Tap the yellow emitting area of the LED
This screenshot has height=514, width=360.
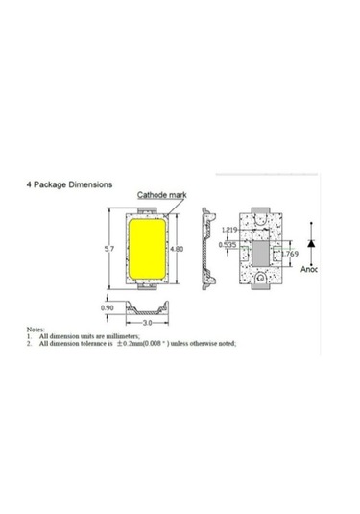click(x=144, y=248)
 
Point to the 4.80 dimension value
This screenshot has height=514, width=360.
click(x=176, y=249)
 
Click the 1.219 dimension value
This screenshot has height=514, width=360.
click(x=228, y=230)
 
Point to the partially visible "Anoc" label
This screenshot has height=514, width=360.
click(x=309, y=270)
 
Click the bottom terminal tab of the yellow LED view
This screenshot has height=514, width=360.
click(x=144, y=285)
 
